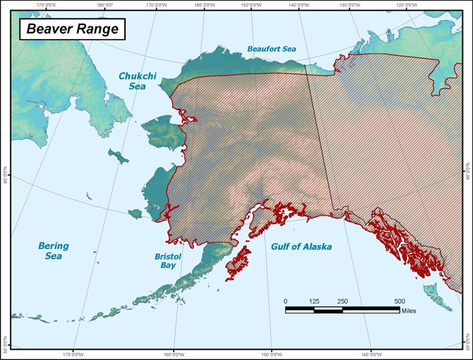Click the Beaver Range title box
tap(69, 29)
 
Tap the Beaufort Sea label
tap(271, 49)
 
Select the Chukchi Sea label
tap(137, 82)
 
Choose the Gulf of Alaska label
tap(301, 247)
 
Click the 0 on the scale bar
tap(285, 301)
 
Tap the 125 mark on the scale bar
tap(314, 301)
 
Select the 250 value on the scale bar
tap(343, 301)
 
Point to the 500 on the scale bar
tap(399, 301)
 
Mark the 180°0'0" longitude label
tap(105, 5)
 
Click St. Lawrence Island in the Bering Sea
tap(119, 157)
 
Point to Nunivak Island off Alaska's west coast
tap(135, 213)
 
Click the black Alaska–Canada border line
tap(320, 135)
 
